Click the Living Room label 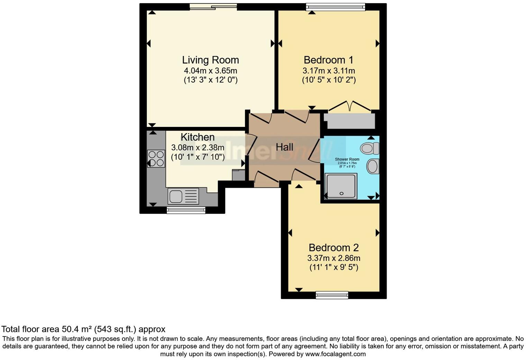210,60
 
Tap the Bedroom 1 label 328,60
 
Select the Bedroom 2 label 334,248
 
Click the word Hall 284,147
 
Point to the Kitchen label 198,137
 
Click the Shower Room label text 347,159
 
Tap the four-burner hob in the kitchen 156,158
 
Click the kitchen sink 183,196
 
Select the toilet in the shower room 370,148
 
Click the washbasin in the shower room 373,166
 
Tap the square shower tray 341,186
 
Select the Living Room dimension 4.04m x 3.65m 210,71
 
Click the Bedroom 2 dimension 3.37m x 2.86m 334,258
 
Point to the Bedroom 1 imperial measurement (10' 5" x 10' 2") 328,80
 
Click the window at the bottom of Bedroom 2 332,295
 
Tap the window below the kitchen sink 186,210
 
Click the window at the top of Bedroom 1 335,6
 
